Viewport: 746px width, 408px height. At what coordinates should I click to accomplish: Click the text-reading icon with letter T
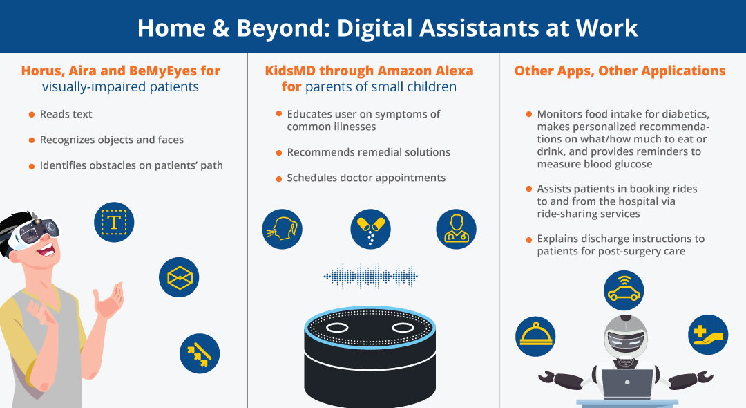[114, 222]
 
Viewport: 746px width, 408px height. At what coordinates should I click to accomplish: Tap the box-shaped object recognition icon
[179, 277]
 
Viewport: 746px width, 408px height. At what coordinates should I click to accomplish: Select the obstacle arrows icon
[200, 353]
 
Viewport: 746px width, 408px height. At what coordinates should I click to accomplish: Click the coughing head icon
[282, 229]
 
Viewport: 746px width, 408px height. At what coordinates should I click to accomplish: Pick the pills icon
[371, 229]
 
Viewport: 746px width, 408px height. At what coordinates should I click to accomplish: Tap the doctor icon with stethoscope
[457, 229]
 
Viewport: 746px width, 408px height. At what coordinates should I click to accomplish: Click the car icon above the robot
[624, 290]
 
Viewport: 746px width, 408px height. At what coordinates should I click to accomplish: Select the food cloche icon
[536, 336]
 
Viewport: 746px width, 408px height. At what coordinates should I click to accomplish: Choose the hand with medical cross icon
[708, 335]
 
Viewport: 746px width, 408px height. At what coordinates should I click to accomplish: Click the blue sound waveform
[371, 276]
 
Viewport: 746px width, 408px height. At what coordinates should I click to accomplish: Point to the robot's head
[626, 337]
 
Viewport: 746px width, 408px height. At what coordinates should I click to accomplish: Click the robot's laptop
[627, 384]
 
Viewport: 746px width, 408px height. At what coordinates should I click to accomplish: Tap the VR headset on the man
[36, 233]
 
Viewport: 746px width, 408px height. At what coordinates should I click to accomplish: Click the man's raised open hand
[110, 301]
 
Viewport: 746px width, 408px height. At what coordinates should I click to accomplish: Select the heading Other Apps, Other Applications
[620, 71]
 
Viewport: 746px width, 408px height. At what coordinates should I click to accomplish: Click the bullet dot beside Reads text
[32, 115]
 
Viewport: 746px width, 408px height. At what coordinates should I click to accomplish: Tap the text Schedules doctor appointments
[366, 178]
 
